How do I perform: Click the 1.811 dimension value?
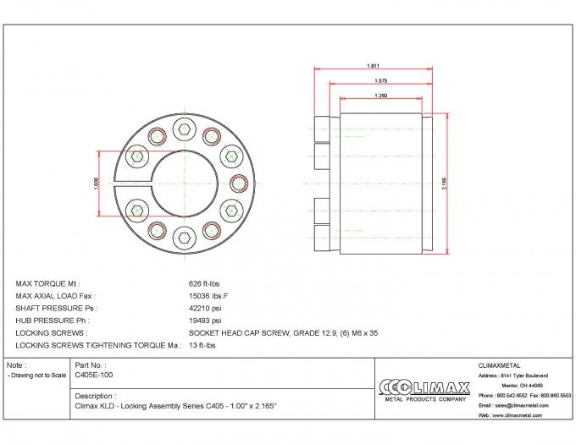tap(373, 65)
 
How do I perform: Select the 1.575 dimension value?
tap(381, 80)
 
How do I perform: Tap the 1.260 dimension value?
tap(381, 96)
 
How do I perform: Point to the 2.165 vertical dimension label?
tap(444, 184)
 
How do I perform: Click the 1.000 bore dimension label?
tap(97, 184)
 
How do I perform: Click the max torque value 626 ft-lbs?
tap(203, 283)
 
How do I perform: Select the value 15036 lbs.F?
tap(206, 296)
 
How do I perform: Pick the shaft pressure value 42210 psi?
tap(203, 309)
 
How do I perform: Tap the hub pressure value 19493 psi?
tap(203, 321)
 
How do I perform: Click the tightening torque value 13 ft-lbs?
tap(201, 347)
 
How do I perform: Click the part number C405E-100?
tap(94, 374)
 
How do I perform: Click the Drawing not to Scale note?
tap(36, 374)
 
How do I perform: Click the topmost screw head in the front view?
tap(184, 128)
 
